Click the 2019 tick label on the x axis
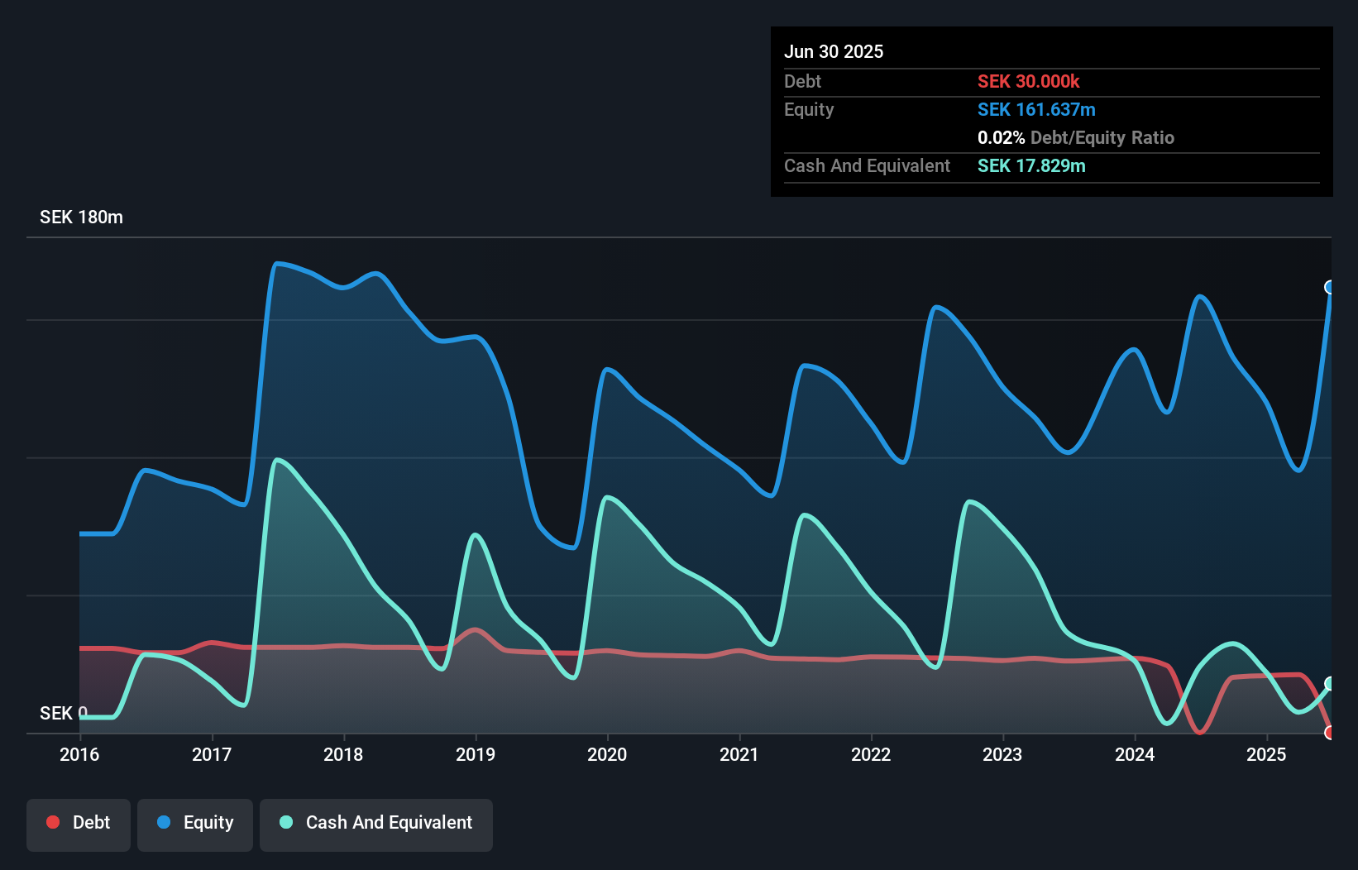click(x=476, y=754)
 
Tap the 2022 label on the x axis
click(x=871, y=754)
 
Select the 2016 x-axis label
click(x=79, y=754)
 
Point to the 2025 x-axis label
click(x=1266, y=754)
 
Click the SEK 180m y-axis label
click(x=81, y=217)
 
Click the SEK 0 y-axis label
click(x=63, y=713)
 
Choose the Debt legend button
click(x=79, y=823)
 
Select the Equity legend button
click(x=195, y=823)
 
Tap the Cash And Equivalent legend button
click(x=376, y=823)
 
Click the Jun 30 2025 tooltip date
click(x=834, y=51)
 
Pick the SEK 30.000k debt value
click(x=1028, y=81)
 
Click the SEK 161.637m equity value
click(x=1036, y=109)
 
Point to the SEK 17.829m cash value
click(x=1031, y=165)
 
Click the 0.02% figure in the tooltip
click(x=1001, y=137)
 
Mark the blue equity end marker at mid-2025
click(x=1330, y=287)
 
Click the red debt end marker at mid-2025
click(x=1330, y=732)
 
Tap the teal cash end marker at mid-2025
click(x=1330, y=683)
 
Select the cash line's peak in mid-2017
click(x=276, y=460)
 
